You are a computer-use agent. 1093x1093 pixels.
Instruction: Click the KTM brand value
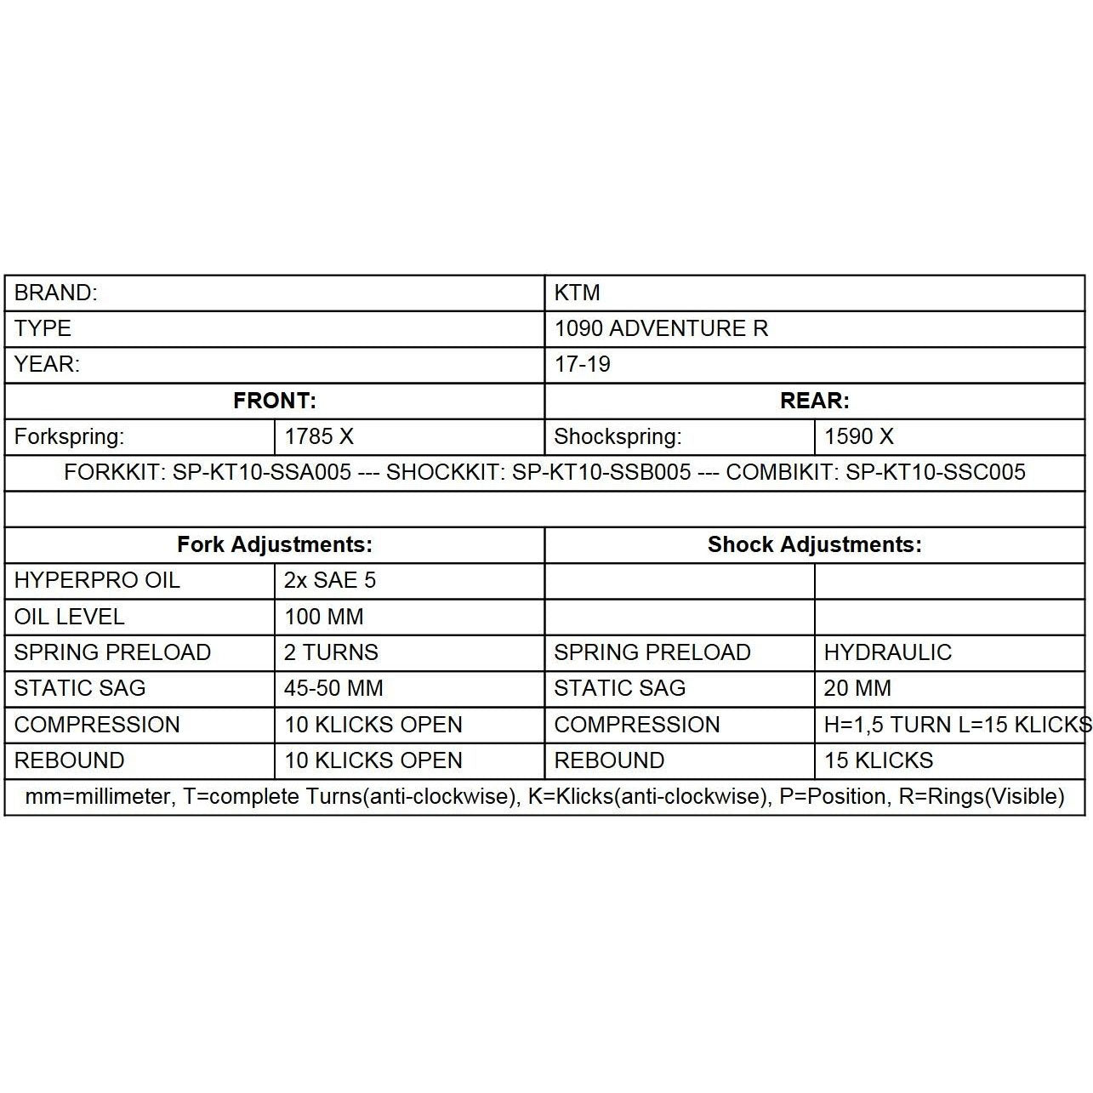coord(578,293)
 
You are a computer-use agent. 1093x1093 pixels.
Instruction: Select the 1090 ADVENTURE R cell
coord(661,328)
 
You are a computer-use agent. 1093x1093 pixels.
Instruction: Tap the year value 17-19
coord(583,364)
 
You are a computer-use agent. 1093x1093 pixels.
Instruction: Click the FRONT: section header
coord(275,401)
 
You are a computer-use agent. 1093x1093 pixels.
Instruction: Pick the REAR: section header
coord(814,401)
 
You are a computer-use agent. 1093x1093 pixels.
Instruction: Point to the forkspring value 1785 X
coord(319,436)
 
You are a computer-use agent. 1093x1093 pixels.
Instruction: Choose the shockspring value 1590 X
coord(859,436)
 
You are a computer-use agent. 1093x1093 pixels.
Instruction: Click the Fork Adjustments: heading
coord(275,544)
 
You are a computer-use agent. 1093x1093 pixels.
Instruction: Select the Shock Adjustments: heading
coord(814,544)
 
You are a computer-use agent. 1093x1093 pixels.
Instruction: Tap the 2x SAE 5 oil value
coord(330,580)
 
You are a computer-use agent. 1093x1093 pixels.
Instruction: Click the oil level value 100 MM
coord(324,617)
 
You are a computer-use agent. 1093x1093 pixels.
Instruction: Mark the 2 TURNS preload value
coord(331,652)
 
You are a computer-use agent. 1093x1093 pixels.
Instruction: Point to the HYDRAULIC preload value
coord(888,652)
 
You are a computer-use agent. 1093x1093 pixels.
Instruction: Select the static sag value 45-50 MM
coord(333,688)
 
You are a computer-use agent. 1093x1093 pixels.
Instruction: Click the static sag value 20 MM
coord(857,688)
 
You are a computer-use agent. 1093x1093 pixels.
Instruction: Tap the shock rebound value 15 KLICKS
coord(879,760)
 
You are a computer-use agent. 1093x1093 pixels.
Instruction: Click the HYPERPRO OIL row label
coord(97,580)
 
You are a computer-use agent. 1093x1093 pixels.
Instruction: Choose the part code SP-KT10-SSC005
coord(936,472)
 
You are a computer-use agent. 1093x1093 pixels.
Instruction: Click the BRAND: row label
coord(56,293)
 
